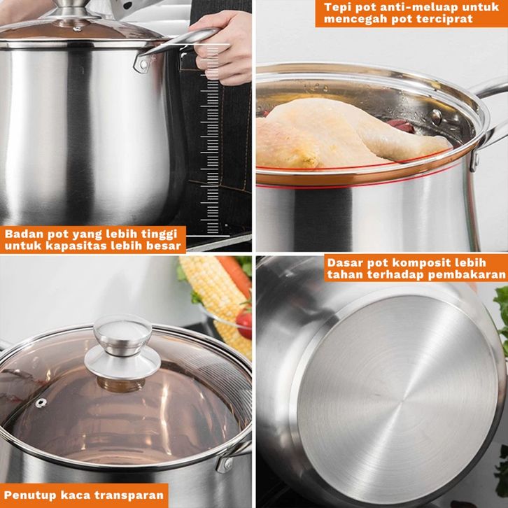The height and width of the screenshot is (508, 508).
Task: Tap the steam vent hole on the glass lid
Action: tap(41, 403)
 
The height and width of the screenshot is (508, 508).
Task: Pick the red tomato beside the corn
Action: tap(244, 324)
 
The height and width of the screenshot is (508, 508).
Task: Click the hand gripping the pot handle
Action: tap(223, 48)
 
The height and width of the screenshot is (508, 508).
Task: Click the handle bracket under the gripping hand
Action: tap(143, 64)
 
